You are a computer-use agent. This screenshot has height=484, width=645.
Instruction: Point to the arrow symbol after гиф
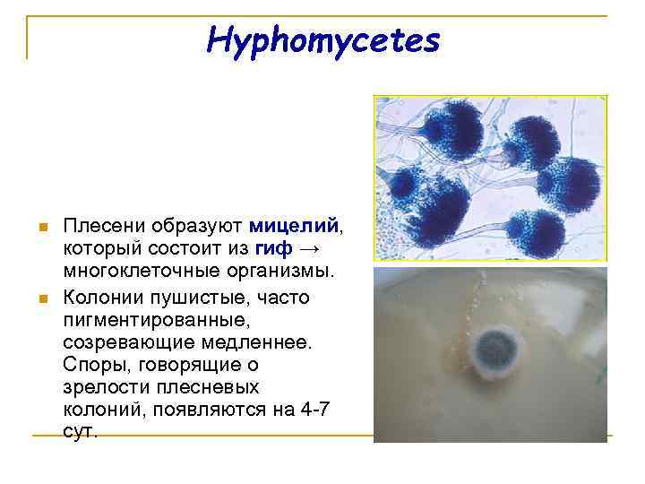[x=310, y=247]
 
